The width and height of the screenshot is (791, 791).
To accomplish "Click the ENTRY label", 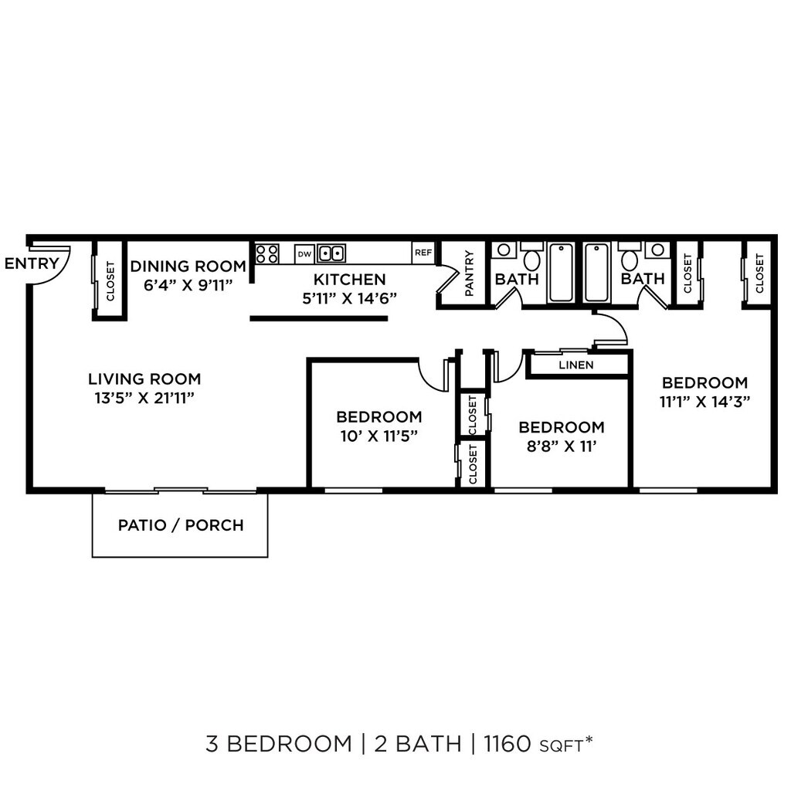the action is point(32,263).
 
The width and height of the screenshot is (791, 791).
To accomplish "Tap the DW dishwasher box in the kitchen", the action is point(304,253).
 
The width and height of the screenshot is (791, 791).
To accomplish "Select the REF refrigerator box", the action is point(423,253).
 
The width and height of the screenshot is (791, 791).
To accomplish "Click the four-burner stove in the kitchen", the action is point(266,253).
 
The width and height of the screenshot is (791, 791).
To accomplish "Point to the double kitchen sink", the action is point(331,253).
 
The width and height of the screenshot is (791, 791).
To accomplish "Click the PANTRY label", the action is point(469,273).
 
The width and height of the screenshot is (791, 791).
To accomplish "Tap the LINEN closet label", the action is point(576,365).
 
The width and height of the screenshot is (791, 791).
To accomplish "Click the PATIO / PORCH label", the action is point(181,525).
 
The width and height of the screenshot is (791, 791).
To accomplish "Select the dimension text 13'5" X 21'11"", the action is point(144,399).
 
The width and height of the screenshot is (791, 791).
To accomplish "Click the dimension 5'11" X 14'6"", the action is point(350,299).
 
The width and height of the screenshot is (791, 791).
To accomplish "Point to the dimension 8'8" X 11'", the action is point(562,446).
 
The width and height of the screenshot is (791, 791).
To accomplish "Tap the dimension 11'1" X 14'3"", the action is point(704,402).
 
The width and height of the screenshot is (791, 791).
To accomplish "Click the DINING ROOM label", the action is point(188,266).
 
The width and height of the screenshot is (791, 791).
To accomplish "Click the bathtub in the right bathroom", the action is point(597,273).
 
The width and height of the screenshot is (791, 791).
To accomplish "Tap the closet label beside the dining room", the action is point(110,280).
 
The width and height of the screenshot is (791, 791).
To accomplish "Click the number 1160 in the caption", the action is point(508,744).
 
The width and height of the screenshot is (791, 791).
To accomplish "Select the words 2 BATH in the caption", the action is point(418,744).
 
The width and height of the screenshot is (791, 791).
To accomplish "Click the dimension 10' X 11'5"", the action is point(379,436).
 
